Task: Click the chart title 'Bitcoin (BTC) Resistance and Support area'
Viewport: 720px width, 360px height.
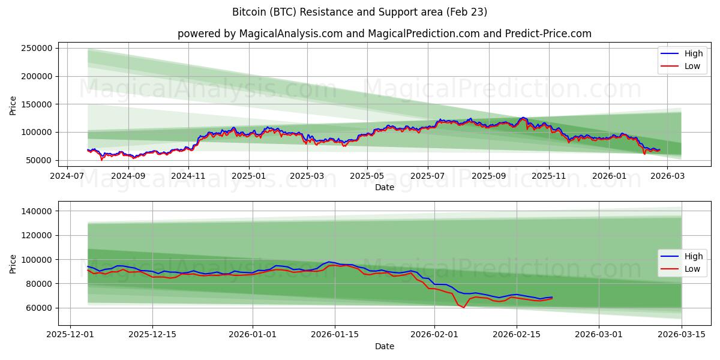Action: tap(360, 12)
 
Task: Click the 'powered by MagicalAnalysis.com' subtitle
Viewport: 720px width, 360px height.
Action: tap(384, 34)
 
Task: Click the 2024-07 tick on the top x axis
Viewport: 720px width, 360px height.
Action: tap(67, 176)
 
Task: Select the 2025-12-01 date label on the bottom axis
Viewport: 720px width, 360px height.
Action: tap(71, 335)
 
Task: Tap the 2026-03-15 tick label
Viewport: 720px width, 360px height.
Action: tap(682, 335)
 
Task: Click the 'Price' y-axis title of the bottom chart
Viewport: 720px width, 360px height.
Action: tap(13, 263)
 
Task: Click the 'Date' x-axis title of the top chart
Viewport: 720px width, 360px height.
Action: tap(384, 187)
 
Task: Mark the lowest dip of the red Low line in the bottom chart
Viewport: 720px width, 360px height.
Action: tap(463, 307)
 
